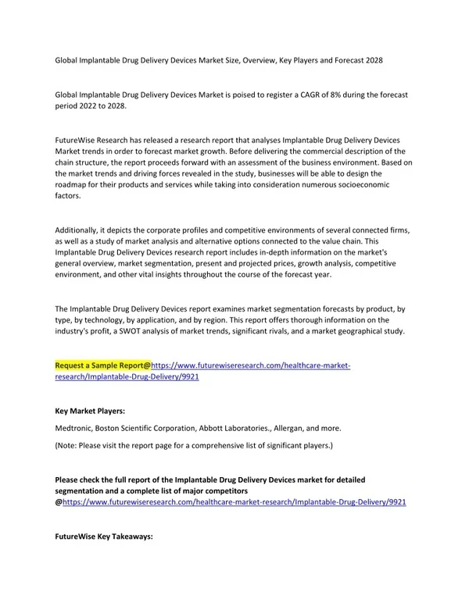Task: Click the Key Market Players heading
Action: click(90, 410)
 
